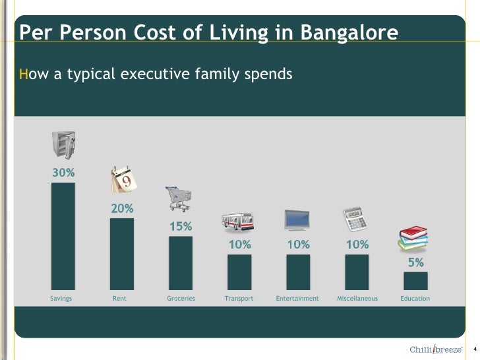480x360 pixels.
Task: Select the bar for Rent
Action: pos(122,254)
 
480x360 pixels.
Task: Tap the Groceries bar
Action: pos(181,262)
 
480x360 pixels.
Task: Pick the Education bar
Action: pos(415,281)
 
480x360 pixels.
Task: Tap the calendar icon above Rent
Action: pos(123,180)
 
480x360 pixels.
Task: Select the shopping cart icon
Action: pos(179,198)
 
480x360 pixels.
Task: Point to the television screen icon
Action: pos(298,220)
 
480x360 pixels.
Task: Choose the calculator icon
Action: pos(355,219)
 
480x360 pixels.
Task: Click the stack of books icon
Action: pos(413,238)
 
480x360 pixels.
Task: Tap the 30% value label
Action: pos(63,173)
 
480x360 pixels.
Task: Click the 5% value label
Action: pos(415,262)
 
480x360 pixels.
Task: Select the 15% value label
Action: pos(181,226)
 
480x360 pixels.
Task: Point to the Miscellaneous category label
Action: pos(357,299)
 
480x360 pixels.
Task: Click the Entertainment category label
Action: pos(297,299)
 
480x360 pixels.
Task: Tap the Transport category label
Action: pos(239,299)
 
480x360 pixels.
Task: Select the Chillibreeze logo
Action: pos(436,349)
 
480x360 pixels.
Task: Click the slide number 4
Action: pos(474,349)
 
